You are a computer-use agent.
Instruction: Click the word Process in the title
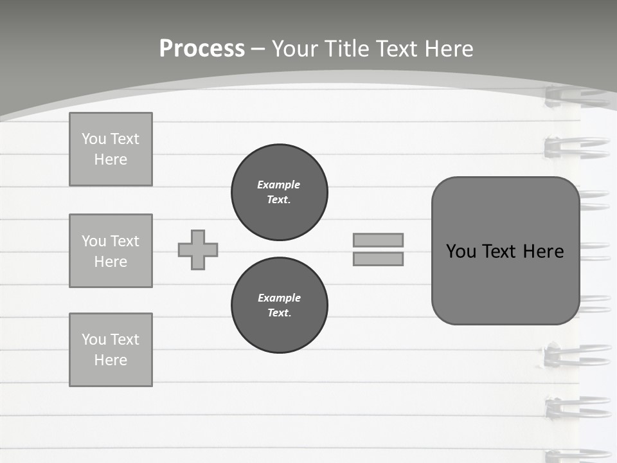tap(202, 49)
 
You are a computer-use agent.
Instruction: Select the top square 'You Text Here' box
tap(111, 149)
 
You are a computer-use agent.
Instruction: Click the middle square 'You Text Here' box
tap(111, 251)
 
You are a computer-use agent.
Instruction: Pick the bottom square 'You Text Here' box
tap(111, 350)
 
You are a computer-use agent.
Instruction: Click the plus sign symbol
tap(198, 250)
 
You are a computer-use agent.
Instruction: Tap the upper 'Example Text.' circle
tap(280, 192)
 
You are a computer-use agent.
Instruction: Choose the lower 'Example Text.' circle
tap(280, 305)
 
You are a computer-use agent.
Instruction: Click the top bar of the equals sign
tap(378, 240)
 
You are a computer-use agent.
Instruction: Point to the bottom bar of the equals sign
tap(378, 259)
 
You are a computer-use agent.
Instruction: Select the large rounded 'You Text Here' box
tap(505, 251)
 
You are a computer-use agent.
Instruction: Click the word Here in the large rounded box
tap(543, 251)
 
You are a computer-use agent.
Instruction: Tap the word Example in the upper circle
tap(279, 185)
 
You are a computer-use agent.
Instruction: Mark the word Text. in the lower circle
tap(280, 313)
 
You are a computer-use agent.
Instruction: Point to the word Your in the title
tap(295, 49)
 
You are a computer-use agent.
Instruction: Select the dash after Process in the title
tap(258, 49)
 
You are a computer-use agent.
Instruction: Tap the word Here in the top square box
tap(111, 159)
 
